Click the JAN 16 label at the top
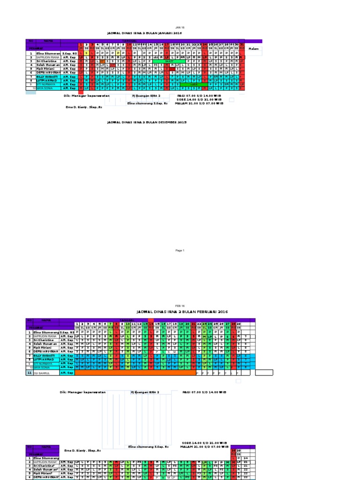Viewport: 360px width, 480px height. [x=180, y=28]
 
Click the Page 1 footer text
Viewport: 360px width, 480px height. [x=180, y=250]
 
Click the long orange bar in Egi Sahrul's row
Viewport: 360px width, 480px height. [x=135, y=373]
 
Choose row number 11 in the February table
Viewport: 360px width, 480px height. [x=30, y=373]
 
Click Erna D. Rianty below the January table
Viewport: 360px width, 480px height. [x=83, y=107]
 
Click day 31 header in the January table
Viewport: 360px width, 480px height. [x=242, y=45]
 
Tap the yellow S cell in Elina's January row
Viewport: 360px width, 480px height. [x=86, y=53]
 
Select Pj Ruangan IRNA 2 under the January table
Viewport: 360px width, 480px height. [x=146, y=95]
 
